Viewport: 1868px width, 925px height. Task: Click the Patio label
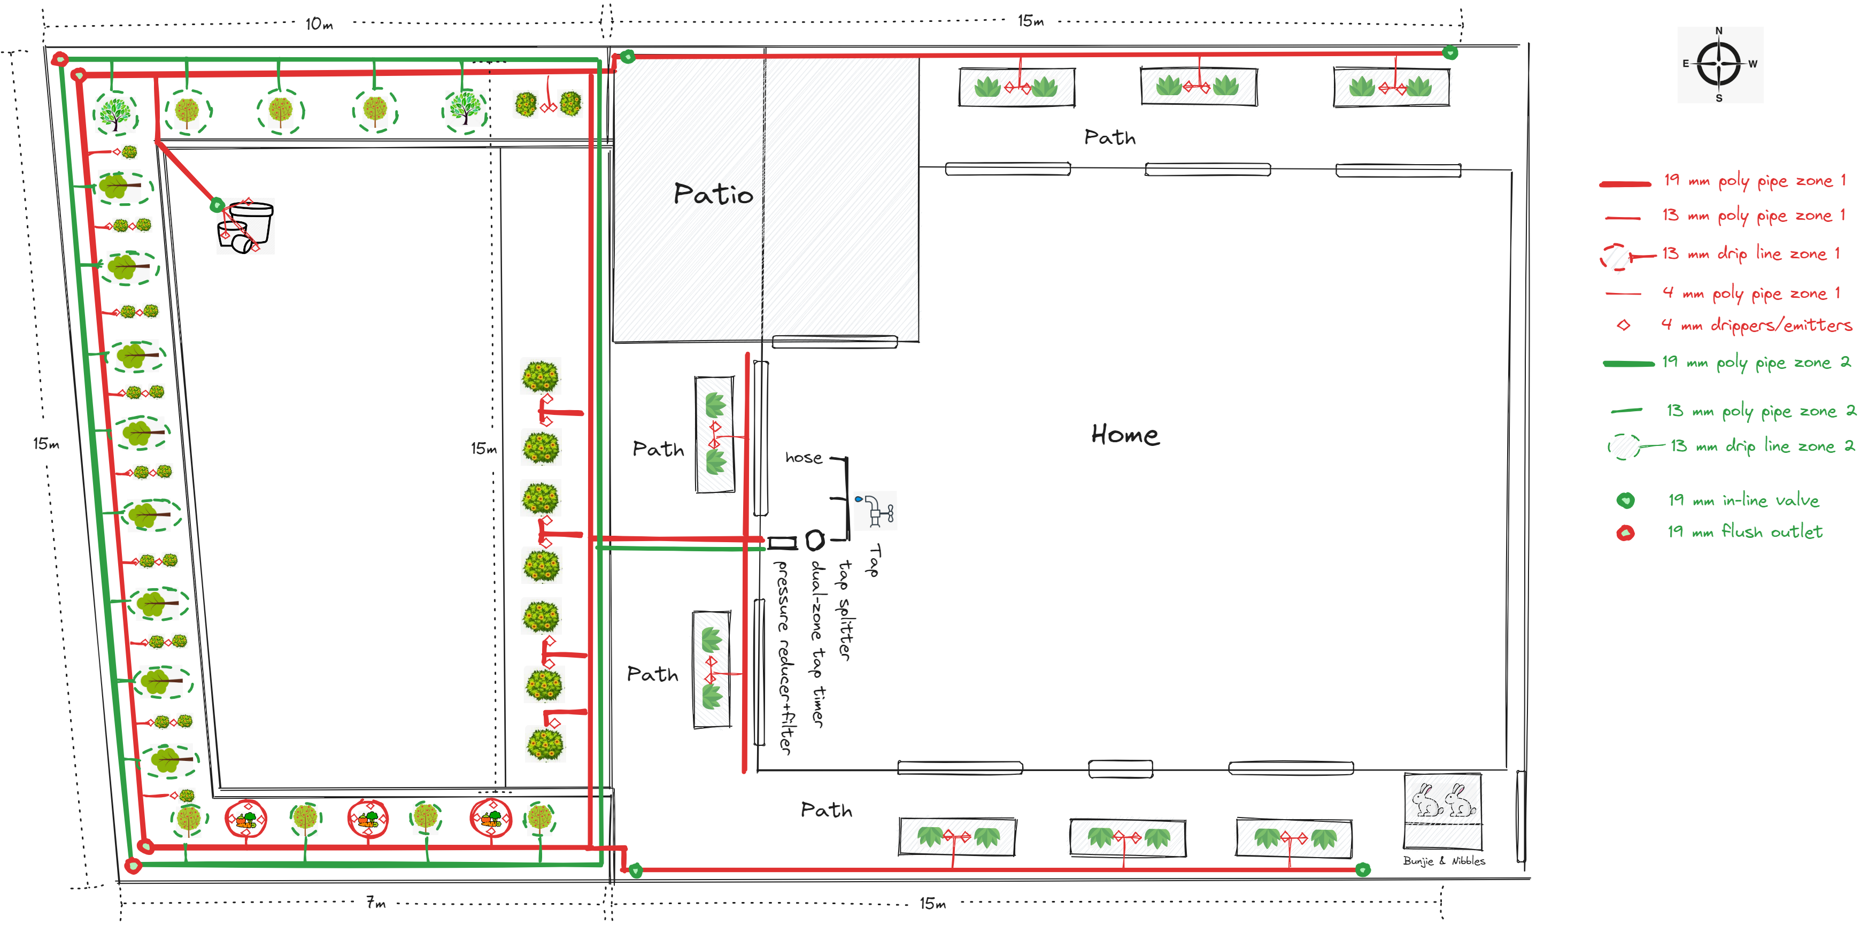coord(713,194)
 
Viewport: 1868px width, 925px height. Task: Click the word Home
coord(1125,435)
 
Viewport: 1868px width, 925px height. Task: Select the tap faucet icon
coord(876,510)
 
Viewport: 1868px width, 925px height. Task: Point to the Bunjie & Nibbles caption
coord(1443,861)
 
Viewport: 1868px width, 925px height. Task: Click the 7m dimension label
coord(376,903)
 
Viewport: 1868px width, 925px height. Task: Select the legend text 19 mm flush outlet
coord(1744,532)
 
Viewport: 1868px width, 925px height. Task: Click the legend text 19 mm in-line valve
coord(1743,500)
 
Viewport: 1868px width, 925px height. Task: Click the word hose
coord(804,458)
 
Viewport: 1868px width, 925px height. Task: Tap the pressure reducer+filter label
coord(784,657)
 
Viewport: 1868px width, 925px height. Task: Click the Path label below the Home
coord(826,810)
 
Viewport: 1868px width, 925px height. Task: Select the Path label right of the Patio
coord(1109,137)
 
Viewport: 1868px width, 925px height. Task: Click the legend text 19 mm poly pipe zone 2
coord(1755,362)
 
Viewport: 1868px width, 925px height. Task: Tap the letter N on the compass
coord(1719,30)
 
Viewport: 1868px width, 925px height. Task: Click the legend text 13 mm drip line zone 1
coord(1750,254)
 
